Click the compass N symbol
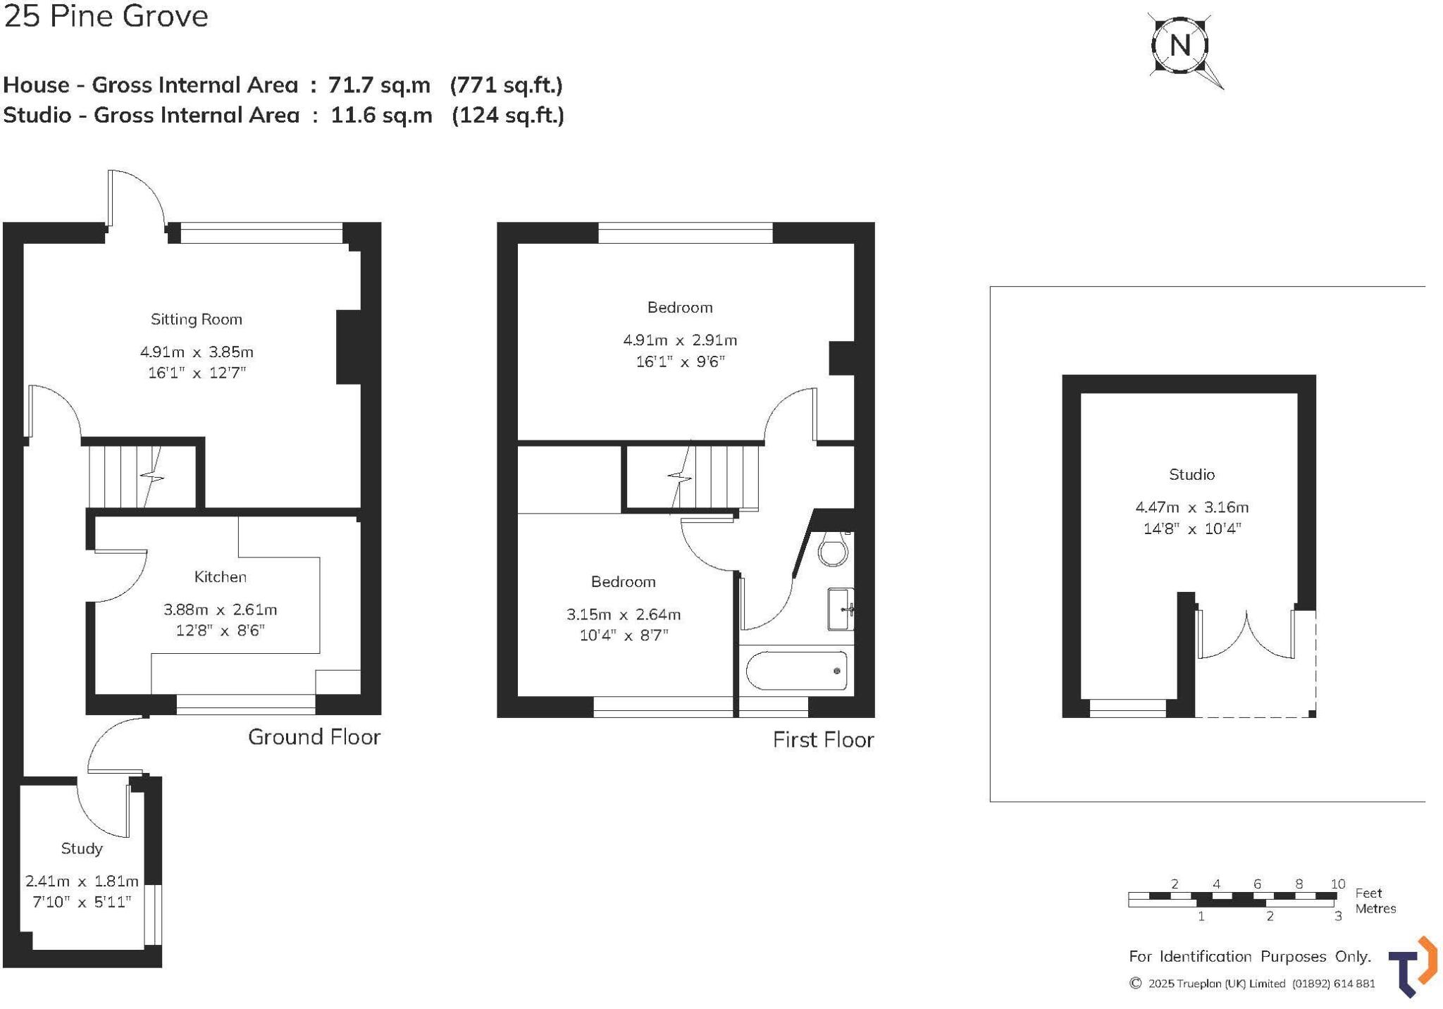click(1180, 46)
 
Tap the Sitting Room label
click(196, 319)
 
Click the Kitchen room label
click(221, 577)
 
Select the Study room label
click(82, 848)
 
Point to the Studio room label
click(1191, 474)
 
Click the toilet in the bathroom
click(833, 549)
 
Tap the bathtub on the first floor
click(796, 671)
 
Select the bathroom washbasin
click(840, 609)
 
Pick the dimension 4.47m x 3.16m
click(1191, 507)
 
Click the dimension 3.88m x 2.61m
click(221, 609)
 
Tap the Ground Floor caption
click(314, 737)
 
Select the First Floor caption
click(823, 740)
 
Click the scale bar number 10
click(1337, 884)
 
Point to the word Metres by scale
click(1375, 908)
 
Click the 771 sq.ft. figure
click(506, 85)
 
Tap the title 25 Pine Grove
click(106, 16)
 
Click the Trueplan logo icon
click(1412, 967)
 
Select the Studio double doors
click(1246, 634)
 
